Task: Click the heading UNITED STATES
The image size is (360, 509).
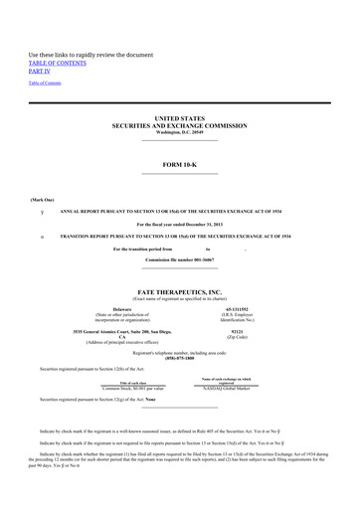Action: [179, 118]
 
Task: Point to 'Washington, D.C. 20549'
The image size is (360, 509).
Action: [179, 132]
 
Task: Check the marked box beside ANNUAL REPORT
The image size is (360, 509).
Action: [42, 212]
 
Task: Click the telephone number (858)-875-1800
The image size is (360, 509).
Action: [179, 358]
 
